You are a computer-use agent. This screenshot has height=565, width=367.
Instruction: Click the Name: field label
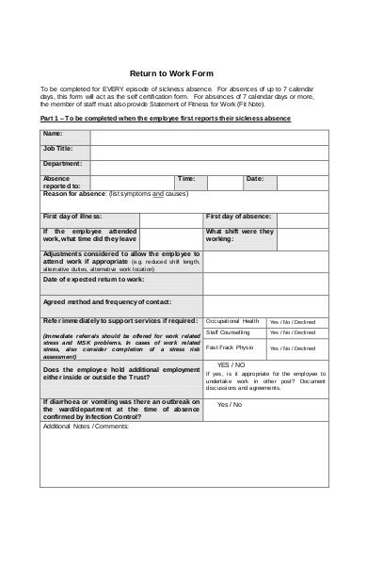pos(53,134)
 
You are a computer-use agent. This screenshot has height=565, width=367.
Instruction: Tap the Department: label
pos(62,163)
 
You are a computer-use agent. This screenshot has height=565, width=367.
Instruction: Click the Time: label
pos(186,177)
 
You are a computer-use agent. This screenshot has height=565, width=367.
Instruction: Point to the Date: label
pos(254,177)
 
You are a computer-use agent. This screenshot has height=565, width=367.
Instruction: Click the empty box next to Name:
pos(209,137)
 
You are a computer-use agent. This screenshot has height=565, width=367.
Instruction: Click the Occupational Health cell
pos(231,320)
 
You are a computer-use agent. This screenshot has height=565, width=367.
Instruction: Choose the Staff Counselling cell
pos(228,332)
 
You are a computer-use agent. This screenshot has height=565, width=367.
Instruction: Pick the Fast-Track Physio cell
pos(229,347)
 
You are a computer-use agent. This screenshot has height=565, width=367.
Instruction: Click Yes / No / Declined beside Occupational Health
pos(293,320)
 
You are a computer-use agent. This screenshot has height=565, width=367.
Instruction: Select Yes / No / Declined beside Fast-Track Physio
pos(293,347)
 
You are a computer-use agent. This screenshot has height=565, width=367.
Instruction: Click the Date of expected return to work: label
pos(93,280)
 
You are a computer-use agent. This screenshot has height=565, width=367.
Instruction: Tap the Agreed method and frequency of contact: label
pos(106,300)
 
